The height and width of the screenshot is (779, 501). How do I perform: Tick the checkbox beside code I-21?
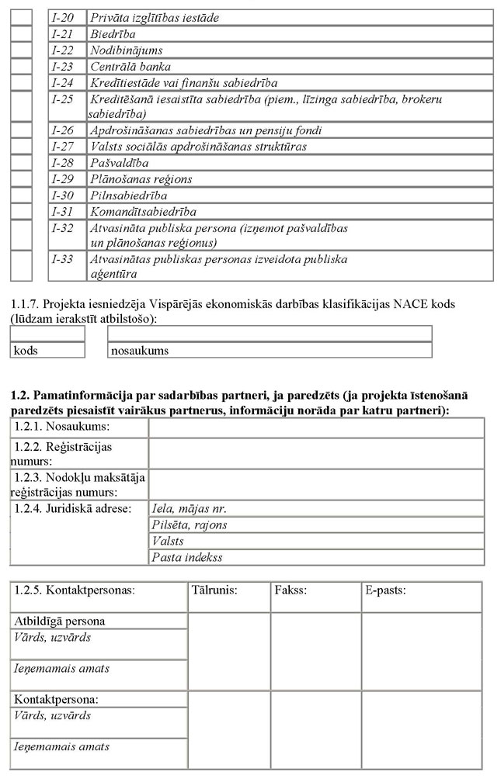click(x=22, y=33)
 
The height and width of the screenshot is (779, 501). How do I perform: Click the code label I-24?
click(x=62, y=82)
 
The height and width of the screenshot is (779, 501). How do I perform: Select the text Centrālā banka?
click(x=130, y=66)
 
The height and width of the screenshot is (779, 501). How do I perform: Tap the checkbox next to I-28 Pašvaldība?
click(x=22, y=163)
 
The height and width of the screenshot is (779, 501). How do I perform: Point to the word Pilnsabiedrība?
click(x=128, y=196)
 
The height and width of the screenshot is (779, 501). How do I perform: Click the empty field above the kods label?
click(x=47, y=334)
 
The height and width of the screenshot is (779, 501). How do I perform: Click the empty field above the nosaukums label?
click(x=270, y=334)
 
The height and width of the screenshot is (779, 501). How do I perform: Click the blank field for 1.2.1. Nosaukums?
click(x=316, y=428)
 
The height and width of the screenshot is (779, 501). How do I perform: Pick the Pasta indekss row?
click(x=316, y=558)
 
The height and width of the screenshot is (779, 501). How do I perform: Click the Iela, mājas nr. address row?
click(x=316, y=509)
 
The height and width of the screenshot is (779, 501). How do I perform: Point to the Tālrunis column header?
click(x=214, y=590)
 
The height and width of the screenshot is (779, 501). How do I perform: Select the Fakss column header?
click(x=291, y=590)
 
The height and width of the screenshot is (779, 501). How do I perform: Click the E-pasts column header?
click(x=385, y=590)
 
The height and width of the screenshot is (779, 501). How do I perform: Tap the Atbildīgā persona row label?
click(x=59, y=621)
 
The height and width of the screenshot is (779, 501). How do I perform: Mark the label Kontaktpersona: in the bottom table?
click(x=57, y=700)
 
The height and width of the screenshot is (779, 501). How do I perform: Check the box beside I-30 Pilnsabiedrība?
click(x=22, y=196)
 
